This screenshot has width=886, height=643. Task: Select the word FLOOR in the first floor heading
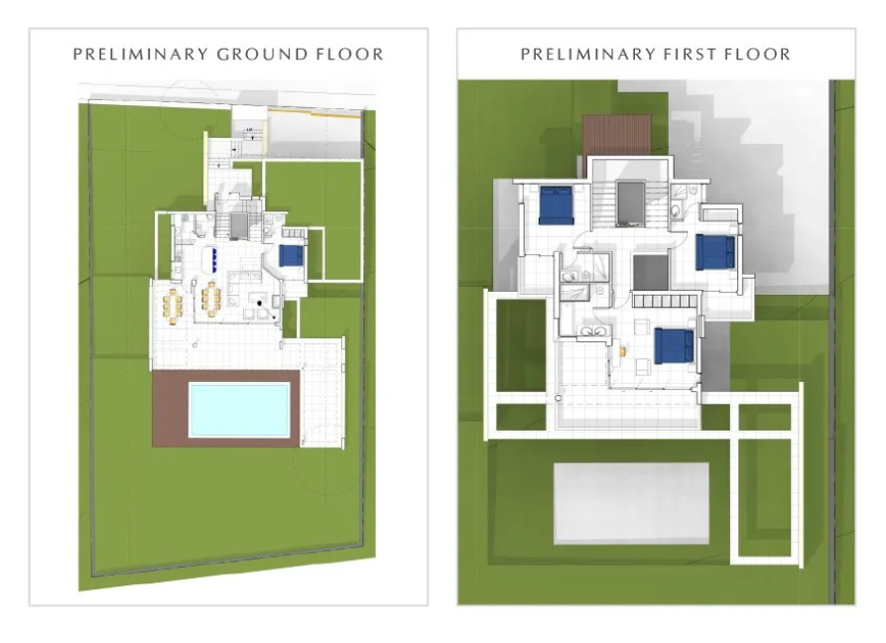click(x=757, y=54)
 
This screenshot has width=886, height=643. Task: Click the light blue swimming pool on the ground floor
click(x=240, y=410)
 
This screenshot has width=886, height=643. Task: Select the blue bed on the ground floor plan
click(x=290, y=255)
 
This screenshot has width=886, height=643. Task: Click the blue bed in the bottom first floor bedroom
click(x=673, y=345)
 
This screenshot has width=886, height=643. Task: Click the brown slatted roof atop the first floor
click(x=615, y=135)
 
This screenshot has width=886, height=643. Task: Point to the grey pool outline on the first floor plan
click(x=631, y=502)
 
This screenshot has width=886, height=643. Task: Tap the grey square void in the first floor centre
click(x=650, y=271)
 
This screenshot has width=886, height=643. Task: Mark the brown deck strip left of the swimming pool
click(x=170, y=410)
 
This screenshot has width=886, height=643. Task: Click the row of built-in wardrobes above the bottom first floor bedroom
click(x=666, y=301)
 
